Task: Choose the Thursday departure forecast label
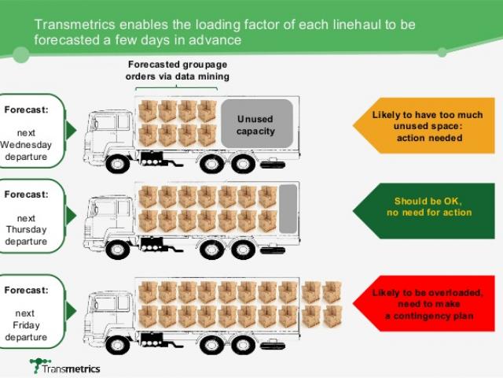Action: pos(31,217)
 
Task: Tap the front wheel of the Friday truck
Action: pos(117,344)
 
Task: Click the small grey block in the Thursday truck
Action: pos(288,207)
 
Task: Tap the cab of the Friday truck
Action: pos(106,311)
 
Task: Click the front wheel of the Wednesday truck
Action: pos(117,164)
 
